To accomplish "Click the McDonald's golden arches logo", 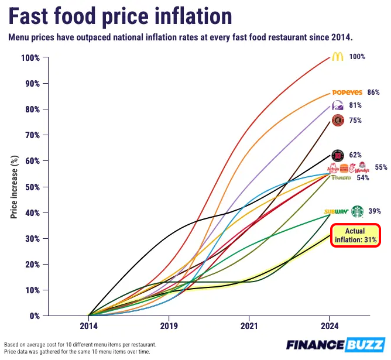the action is [x=338, y=57].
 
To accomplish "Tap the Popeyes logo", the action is [x=347, y=92].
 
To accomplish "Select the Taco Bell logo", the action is [x=338, y=105].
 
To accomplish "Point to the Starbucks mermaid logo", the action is [x=357, y=211].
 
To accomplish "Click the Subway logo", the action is [x=337, y=212].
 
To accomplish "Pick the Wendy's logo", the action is [x=362, y=167].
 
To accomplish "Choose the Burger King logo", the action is [x=344, y=168].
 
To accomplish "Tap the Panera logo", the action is [x=341, y=177].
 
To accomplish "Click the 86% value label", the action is [x=373, y=92].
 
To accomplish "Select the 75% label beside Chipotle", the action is [x=355, y=121].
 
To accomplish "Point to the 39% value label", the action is [x=375, y=211].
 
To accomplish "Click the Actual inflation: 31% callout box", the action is [x=356, y=235].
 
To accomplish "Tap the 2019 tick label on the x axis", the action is [x=169, y=325].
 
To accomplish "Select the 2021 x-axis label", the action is [x=249, y=325].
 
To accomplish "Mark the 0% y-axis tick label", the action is [x=35, y=316].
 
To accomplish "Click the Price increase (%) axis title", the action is [x=14, y=187].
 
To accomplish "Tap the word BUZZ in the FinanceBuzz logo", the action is [x=365, y=345].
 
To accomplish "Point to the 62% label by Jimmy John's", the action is [x=355, y=155].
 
